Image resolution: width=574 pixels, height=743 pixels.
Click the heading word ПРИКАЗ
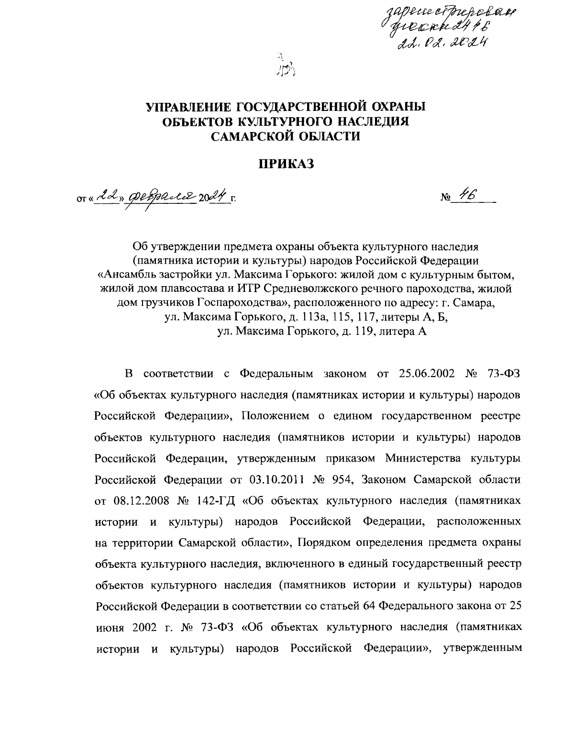(286, 165)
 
